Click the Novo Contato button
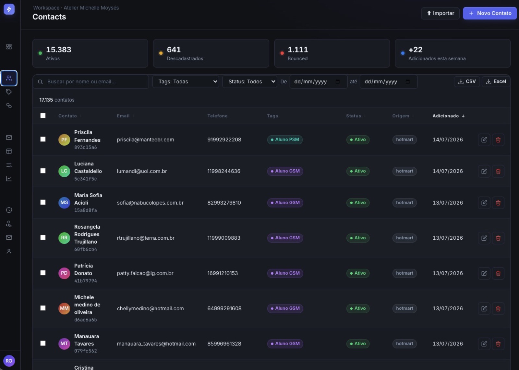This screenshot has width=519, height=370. pos(489,13)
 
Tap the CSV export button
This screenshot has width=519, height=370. pos(467,81)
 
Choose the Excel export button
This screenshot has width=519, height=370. pos(496,81)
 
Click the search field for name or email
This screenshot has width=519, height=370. pos(91,81)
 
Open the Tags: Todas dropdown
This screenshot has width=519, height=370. pos(186,81)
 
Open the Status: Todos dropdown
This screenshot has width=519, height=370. pos(249,81)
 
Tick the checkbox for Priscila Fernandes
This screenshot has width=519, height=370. pos(43,139)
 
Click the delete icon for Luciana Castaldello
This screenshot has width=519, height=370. pos(498,171)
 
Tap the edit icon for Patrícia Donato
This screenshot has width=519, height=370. pos(484,273)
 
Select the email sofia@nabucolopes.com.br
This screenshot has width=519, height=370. pos(150,203)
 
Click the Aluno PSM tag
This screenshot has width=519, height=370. pos(285,139)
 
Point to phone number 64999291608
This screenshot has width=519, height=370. pos(224,308)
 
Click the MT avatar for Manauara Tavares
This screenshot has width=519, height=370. pos(64,343)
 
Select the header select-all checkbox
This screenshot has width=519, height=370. pos(43,116)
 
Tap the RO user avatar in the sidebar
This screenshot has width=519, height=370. pos(9,361)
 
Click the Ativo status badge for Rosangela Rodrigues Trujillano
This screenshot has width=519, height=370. pos(358,238)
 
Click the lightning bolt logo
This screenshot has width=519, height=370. pos(9,9)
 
